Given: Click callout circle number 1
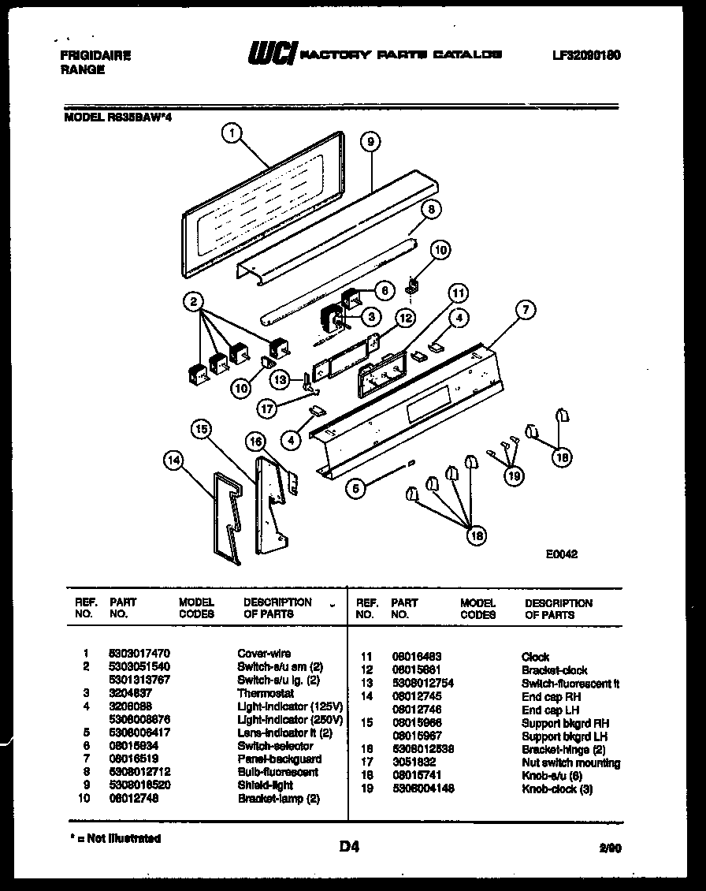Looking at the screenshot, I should (230, 135).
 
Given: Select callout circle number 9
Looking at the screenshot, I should (370, 142).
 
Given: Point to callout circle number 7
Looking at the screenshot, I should (526, 310).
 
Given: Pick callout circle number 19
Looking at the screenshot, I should (514, 475).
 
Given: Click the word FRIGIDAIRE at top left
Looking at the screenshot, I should (95, 56).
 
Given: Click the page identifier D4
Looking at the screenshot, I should (350, 848).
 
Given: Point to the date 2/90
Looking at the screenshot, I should (610, 849).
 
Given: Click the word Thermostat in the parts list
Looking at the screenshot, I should (266, 693).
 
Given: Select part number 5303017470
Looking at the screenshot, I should (138, 654).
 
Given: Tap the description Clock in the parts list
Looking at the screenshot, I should (535, 657).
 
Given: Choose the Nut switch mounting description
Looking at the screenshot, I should (570, 763).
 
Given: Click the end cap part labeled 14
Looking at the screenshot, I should (229, 513).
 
